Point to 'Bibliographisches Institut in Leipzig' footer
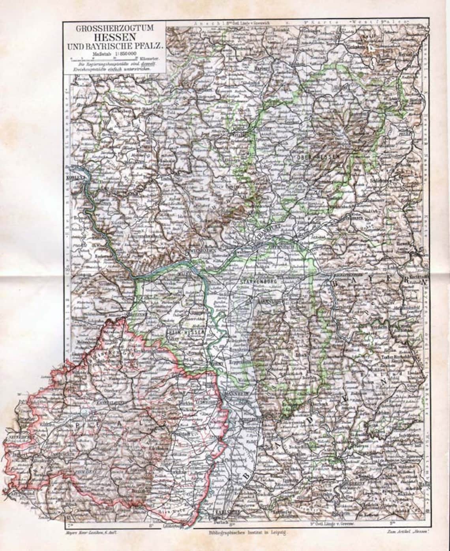pyautogui.click(x=248, y=532)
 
